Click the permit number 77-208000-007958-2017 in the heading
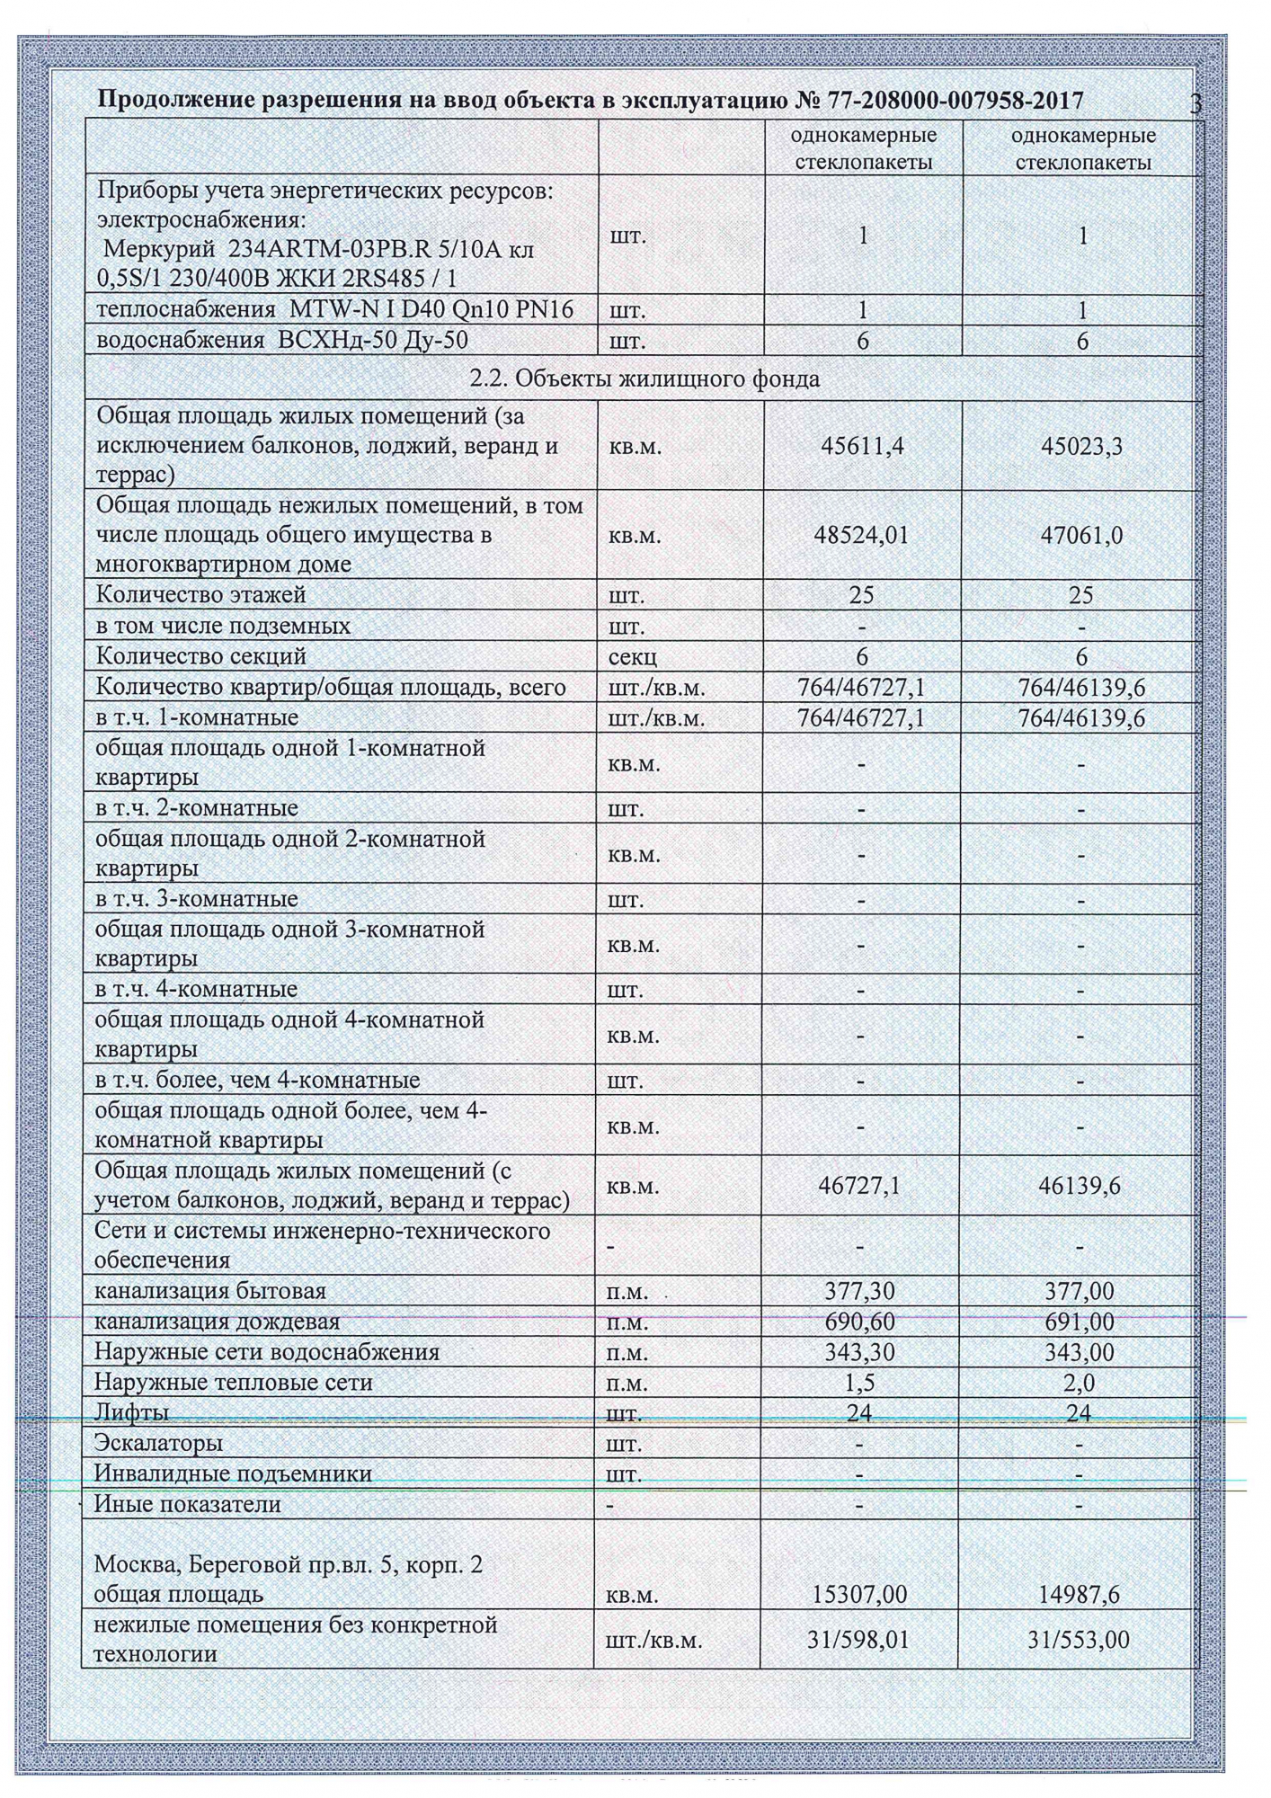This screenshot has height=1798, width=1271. tap(939, 100)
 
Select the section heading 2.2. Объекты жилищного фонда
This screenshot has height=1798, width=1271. tap(644, 379)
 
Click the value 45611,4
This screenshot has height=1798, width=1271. tap(863, 446)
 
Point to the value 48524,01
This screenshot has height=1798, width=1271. tap(862, 535)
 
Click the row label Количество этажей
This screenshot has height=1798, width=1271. tap(201, 595)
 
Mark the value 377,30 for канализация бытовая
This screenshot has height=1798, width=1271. tap(860, 1292)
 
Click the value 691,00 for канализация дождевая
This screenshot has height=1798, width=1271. tap(1081, 1322)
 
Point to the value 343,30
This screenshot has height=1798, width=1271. tap(860, 1352)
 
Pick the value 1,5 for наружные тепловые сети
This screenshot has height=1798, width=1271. tap(860, 1383)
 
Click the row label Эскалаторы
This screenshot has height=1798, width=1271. tap(159, 1443)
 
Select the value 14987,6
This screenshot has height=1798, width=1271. tap(1081, 1595)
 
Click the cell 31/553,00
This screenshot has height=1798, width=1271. tap(1079, 1640)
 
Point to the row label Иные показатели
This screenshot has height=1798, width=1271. tap(188, 1504)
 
